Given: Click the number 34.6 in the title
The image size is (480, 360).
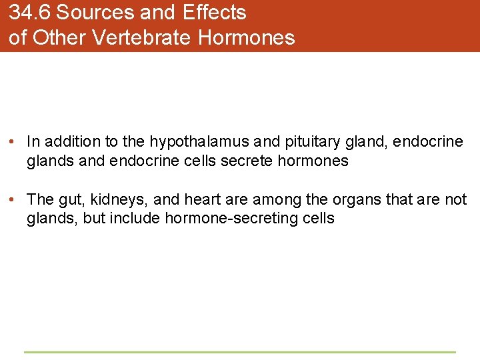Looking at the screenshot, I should [x=30, y=13].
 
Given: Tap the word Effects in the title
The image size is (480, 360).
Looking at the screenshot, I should [x=214, y=13].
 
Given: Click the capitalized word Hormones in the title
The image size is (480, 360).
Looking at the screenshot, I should [x=246, y=37].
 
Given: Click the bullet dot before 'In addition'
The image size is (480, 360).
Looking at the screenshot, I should [x=13, y=142].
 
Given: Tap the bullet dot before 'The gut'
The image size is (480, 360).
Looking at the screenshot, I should [x=13, y=200].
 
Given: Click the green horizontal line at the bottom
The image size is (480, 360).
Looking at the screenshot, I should [x=239, y=352].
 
